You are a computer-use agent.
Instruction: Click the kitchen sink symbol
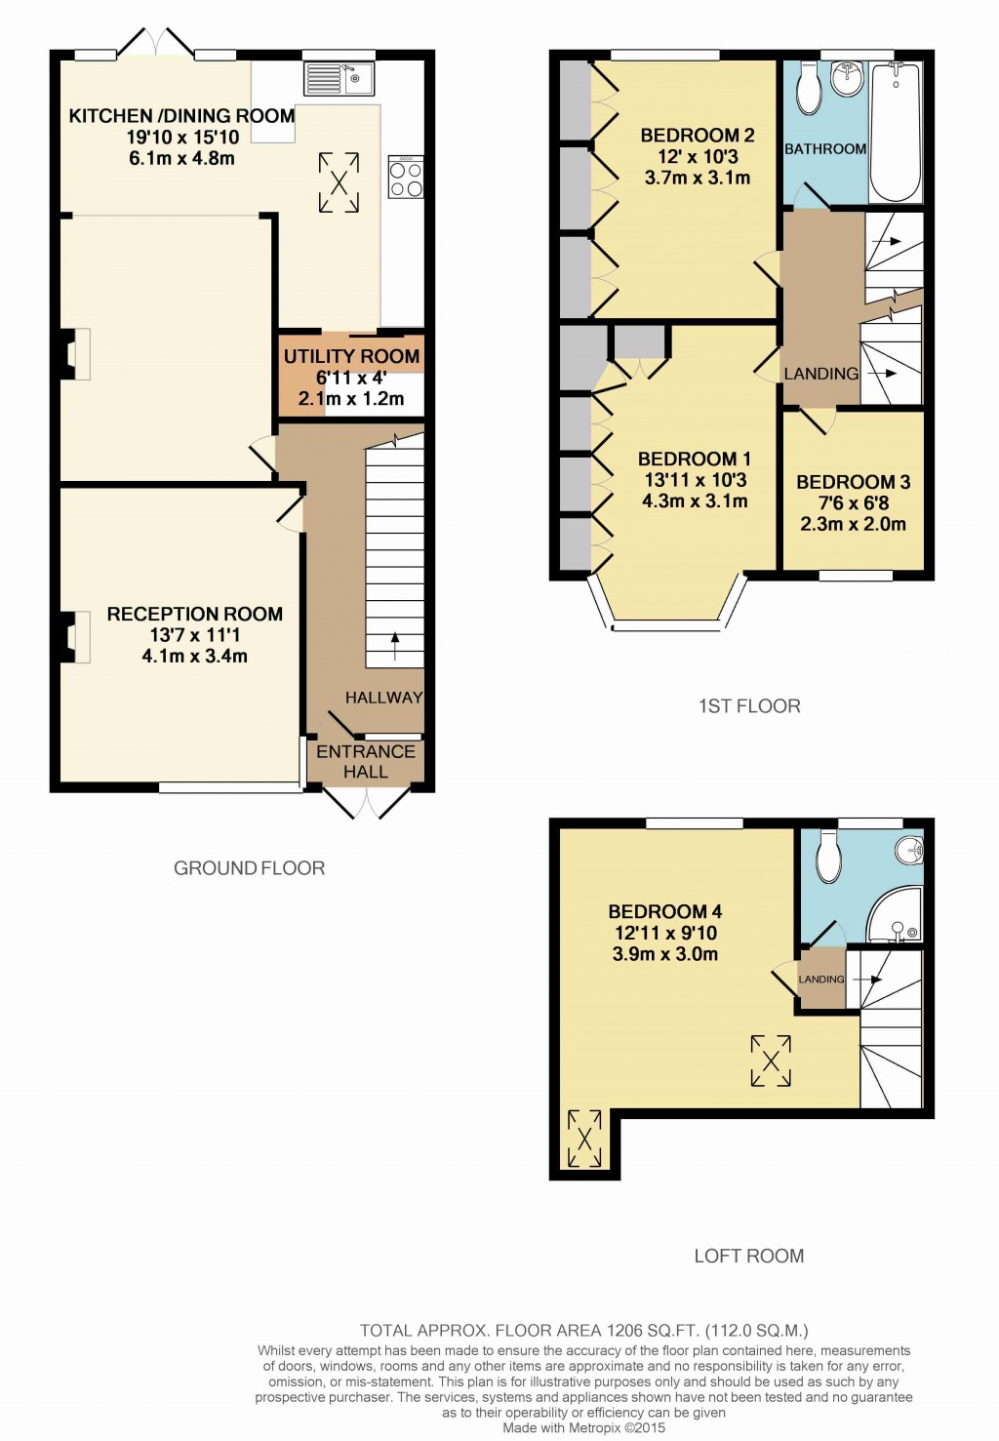pyautogui.click(x=339, y=78)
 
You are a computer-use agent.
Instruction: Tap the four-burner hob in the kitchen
pyautogui.click(x=406, y=177)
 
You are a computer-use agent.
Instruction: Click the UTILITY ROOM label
pyautogui.click(x=351, y=356)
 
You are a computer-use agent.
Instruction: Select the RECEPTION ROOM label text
pyautogui.click(x=194, y=614)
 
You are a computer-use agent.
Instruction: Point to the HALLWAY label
pyautogui.click(x=383, y=698)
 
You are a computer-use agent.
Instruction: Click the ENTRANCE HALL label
pyautogui.click(x=366, y=761)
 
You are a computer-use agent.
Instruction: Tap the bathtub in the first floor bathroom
pyautogui.click(x=895, y=132)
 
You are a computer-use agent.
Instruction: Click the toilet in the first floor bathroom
pyautogui.click(x=809, y=89)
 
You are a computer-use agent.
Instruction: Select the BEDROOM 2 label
pyautogui.click(x=697, y=136)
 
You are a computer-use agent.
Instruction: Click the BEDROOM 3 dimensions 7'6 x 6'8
pyautogui.click(x=853, y=503)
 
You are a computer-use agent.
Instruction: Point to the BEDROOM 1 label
pyautogui.click(x=694, y=459)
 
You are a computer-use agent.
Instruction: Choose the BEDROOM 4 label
pyautogui.click(x=664, y=911)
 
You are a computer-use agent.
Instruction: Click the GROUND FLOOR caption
pyautogui.click(x=249, y=868)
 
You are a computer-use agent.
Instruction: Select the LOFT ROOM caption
pyautogui.click(x=748, y=1256)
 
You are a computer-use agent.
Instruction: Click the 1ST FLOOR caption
pyautogui.click(x=748, y=706)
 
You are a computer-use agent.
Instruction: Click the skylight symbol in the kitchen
pyautogui.click(x=339, y=181)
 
